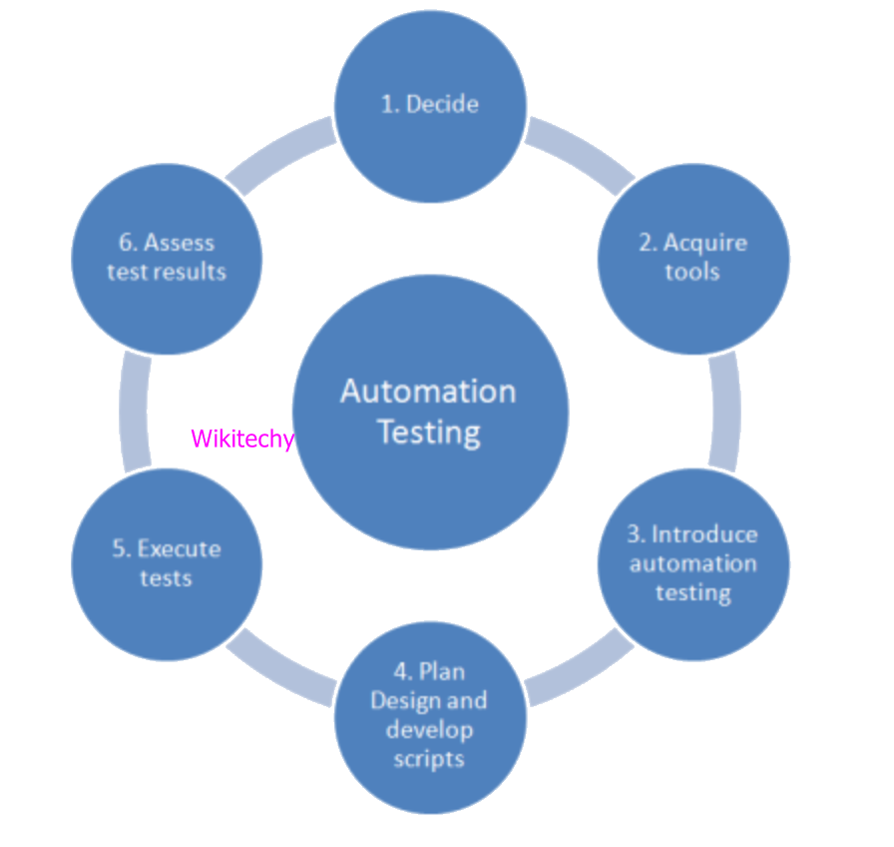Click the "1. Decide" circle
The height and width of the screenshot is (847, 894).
pyautogui.click(x=429, y=105)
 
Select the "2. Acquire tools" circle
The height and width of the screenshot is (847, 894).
pyautogui.click(x=693, y=258)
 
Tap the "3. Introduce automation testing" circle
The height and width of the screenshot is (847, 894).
pyautogui.click(x=693, y=563)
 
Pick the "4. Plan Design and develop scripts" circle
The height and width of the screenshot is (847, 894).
pyautogui.click(x=429, y=715)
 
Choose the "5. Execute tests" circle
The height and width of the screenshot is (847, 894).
pyautogui.click(x=167, y=563)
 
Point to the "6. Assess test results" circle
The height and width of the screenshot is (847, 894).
pyautogui.click(x=167, y=258)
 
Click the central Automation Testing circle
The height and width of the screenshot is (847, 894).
pyautogui.click(x=429, y=412)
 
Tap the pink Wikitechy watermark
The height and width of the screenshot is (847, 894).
pyautogui.click(x=242, y=438)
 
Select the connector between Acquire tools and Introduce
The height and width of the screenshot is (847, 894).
pyautogui.click(x=725, y=412)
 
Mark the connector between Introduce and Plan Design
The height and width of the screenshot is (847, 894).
pyautogui.click(x=580, y=668)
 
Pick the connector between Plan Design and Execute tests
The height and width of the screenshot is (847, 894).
pyautogui.click(x=280, y=668)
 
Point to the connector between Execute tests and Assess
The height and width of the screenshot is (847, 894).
pyautogui.click(x=135, y=412)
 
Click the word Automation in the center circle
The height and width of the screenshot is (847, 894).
pyautogui.click(x=428, y=391)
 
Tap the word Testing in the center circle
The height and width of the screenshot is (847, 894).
pyautogui.click(x=429, y=433)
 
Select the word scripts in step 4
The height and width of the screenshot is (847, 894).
pyautogui.click(x=429, y=759)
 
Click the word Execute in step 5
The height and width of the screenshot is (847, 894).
pyautogui.click(x=180, y=548)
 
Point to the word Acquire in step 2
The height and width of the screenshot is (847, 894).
pyautogui.click(x=705, y=243)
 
